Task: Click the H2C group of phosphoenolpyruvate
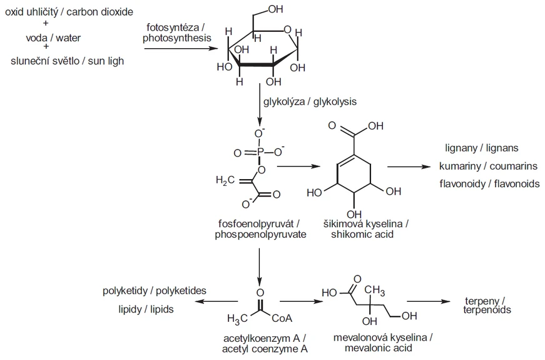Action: (225, 181)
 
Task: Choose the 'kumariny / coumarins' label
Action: (481, 166)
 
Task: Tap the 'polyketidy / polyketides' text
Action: (155, 291)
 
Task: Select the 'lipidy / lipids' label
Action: (146, 309)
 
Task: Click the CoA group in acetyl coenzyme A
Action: (282, 318)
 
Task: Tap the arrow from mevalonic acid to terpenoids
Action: (435, 302)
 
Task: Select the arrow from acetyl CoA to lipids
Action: (216, 302)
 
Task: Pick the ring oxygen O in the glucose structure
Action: (287, 28)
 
